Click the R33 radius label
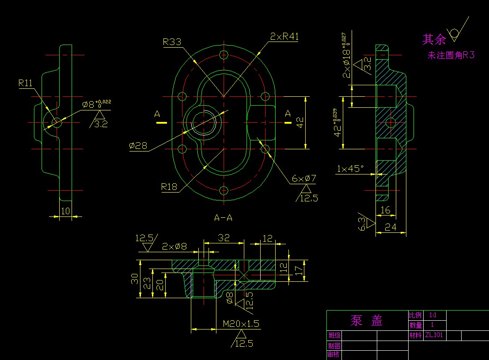pyautogui.click(x=172, y=42)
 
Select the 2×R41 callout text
pyautogui.click(x=284, y=37)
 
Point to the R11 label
pyautogui.click(x=26, y=83)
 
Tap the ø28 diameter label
pyautogui.click(x=138, y=146)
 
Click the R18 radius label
pyautogui.click(x=169, y=187)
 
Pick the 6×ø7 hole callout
pyautogui.click(x=304, y=179)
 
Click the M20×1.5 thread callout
pyautogui.click(x=241, y=324)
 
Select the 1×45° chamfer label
pyautogui.click(x=350, y=169)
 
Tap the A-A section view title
pyautogui.click(x=223, y=218)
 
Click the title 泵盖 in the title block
pyautogui.click(x=367, y=321)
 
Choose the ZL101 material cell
pyautogui.click(x=434, y=335)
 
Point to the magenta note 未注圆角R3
pyautogui.click(x=451, y=56)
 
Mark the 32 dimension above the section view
pyautogui.click(x=224, y=238)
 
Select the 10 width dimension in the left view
pyautogui.click(x=65, y=211)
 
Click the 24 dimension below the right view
pyautogui.click(x=390, y=227)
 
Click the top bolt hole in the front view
pyautogui.click(x=224, y=55)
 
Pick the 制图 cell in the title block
pyautogui.click(x=334, y=345)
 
